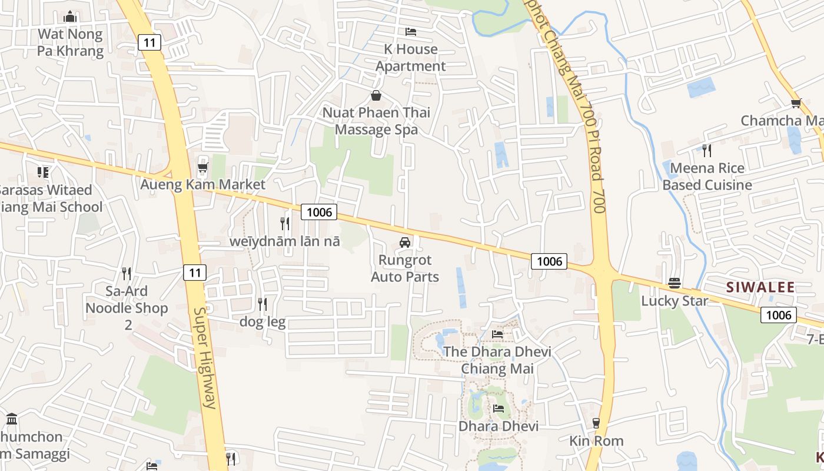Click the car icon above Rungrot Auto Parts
tap(405, 242)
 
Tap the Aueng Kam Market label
tap(202, 184)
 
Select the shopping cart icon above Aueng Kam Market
tap(203, 168)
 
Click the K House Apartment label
tap(411, 58)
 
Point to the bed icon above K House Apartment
tap(411, 31)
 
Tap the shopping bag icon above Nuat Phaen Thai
tap(376, 95)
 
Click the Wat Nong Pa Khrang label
tap(70, 42)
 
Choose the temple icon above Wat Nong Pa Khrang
tap(70, 16)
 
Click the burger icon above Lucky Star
tap(675, 283)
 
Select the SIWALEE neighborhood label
tap(760, 287)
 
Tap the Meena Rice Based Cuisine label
tap(707, 177)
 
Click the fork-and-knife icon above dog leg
tap(263, 304)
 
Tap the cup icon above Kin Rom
tap(596, 423)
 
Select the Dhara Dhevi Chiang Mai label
tap(497, 360)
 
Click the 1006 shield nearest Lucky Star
tap(779, 315)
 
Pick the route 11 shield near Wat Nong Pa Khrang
tap(150, 42)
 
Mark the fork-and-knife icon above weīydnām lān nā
tap(285, 223)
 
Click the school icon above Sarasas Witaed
tap(43, 172)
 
